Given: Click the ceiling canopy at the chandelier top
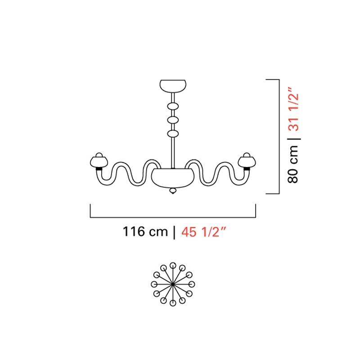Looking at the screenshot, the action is (173, 86).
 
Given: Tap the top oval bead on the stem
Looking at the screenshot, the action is (173, 107).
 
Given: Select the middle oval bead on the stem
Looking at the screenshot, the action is (173, 120).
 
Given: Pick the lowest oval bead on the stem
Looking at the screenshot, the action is (173, 134).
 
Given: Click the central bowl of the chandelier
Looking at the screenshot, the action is (173, 178).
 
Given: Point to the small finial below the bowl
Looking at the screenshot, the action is (173, 191).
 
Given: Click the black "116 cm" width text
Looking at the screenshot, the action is (145, 231).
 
